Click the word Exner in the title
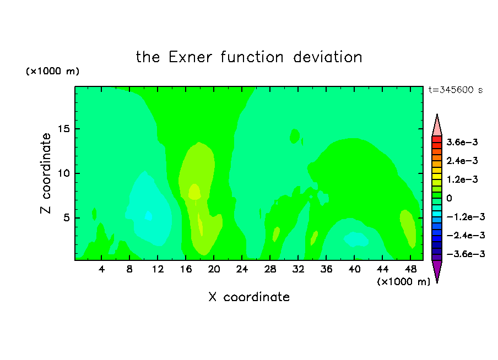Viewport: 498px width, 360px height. (x=190, y=57)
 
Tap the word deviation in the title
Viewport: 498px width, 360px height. (x=327, y=57)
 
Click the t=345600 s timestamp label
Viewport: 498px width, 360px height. (x=456, y=90)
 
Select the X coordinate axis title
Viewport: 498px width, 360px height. (x=249, y=297)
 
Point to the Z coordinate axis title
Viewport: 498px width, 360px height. (x=45, y=173)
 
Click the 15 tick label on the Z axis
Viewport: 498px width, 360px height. (x=64, y=129)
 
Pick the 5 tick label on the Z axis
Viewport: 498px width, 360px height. (x=67, y=218)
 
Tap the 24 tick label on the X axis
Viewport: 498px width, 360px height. (x=242, y=269)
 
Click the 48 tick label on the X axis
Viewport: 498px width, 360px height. (x=410, y=269)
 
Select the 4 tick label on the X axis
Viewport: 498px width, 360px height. (x=101, y=269)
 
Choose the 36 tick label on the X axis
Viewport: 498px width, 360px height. (x=326, y=269)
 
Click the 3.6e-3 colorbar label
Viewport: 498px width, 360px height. (x=462, y=142)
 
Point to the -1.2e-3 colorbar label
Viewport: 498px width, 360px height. (x=465, y=217)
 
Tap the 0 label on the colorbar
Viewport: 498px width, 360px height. (x=449, y=198)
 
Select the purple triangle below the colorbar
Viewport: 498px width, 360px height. (x=437, y=270)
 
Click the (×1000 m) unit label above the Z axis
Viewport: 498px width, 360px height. (x=52, y=71)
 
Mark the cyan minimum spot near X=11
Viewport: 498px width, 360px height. (x=148, y=216)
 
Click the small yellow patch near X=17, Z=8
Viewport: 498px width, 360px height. (x=194, y=192)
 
